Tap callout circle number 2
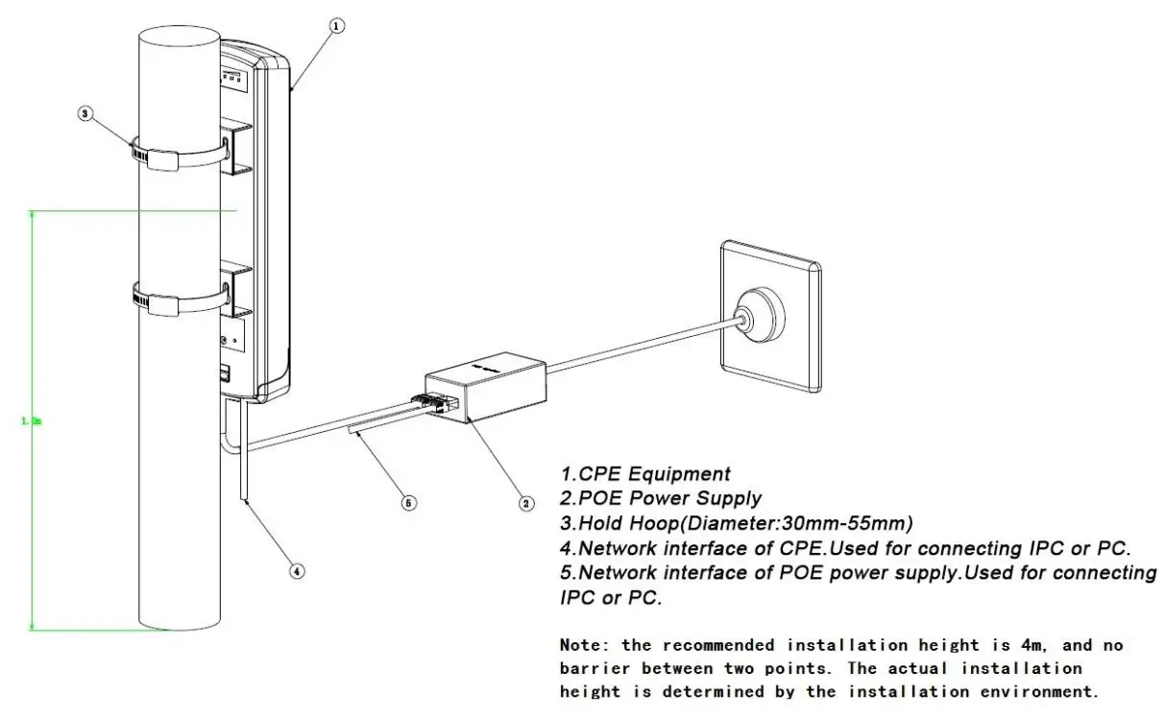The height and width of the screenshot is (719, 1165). [525, 502]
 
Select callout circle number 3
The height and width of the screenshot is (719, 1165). [85, 113]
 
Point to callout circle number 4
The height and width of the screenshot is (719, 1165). [298, 570]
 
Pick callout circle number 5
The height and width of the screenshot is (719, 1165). [409, 502]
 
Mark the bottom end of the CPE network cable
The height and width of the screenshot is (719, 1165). [247, 500]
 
